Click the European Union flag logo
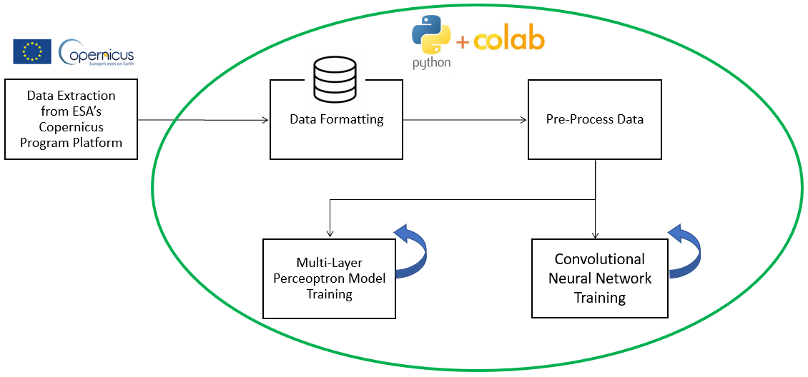[31, 51]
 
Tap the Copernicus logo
[97, 52]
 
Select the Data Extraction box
[71, 119]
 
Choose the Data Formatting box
[336, 129]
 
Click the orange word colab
[509, 40]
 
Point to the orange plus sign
[463, 43]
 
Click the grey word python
[431, 63]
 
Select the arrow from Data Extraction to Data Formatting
[203, 120]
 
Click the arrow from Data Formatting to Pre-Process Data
[465, 120]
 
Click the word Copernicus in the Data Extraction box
[71, 127]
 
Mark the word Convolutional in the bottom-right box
[600, 259]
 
